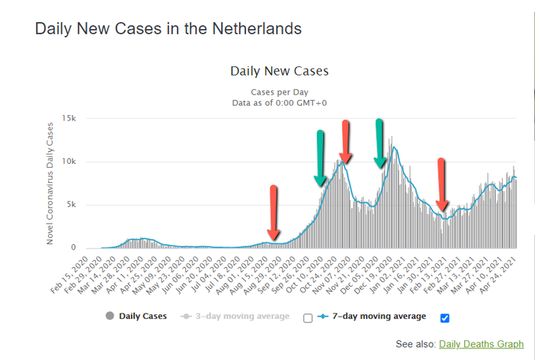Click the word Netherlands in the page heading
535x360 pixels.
pos(255,29)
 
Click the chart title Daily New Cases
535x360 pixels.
pos(279,71)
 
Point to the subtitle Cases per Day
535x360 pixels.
pos(279,91)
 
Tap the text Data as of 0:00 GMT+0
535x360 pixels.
pos(279,102)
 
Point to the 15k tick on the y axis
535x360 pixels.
pos(69,118)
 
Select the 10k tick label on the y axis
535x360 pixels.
pos(69,161)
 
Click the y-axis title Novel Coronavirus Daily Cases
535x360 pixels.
pos(50,183)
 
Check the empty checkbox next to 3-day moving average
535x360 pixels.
pos(308,317)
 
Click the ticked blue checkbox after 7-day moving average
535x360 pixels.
pos(445,317)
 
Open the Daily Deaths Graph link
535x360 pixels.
pos(481,344)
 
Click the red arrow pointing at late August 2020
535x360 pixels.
pos(273,213)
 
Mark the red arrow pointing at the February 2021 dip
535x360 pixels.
pos(442,185)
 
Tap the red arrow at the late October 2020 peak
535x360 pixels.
pos(345,142)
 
